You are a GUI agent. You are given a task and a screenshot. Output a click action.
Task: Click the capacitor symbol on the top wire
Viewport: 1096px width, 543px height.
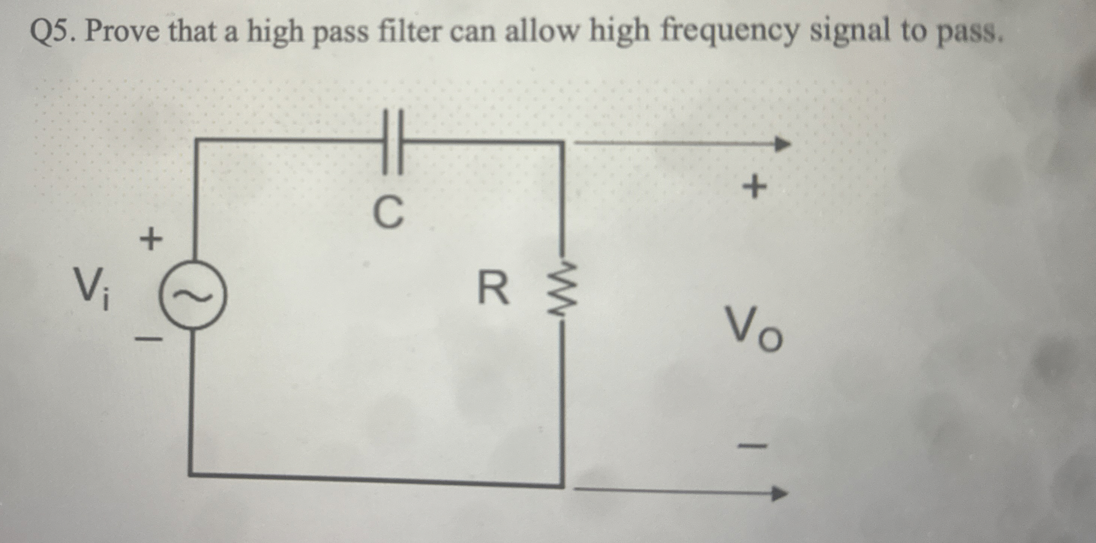(393, 142)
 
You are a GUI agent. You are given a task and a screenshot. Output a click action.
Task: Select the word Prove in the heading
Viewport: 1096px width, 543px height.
(122, 32)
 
